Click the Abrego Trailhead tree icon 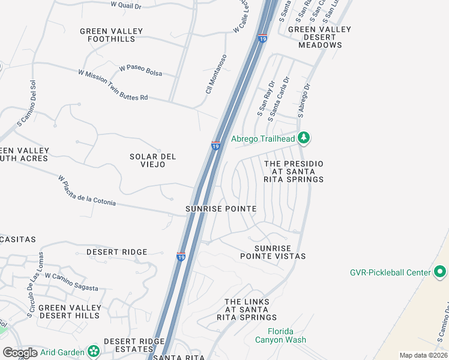pos(304,139)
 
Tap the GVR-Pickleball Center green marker pos(440,272)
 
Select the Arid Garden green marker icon pos(93,350)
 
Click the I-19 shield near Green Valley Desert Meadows pos(262,39)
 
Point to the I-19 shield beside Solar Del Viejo pos(215,145)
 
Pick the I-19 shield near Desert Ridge pos(181,257)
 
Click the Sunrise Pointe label pos(221,209)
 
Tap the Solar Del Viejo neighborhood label pos(152,160)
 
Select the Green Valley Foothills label pos(112,35)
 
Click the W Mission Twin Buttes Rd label pos(112,84)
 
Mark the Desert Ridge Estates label pos(134,345)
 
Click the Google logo pos(20,353)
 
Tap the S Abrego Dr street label pos(304,100)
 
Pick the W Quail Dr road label pos(126,5)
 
